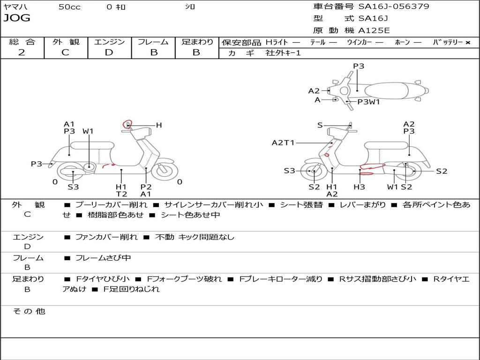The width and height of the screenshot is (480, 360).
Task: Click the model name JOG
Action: point(16,18)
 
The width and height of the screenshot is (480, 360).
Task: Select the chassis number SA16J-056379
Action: point(393,7)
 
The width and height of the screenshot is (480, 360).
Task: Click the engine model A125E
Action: point(374,31)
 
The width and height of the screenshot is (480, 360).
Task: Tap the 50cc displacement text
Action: point(69,7)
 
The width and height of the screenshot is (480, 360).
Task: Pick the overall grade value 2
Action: point(22,52)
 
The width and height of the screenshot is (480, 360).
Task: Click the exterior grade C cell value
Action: point(65,52)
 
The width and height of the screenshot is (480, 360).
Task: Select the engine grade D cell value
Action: point(109,52)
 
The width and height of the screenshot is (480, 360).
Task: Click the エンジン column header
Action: point(109,42)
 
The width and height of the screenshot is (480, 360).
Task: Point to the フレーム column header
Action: point(153,42)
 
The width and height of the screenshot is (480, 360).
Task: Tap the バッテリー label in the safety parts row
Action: point(448,42)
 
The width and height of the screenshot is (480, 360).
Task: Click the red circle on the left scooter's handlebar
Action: point(127,124)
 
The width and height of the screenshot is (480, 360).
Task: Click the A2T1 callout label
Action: point(283,142)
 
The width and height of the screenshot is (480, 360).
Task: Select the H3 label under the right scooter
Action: point(360,187)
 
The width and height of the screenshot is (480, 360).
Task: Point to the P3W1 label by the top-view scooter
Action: point(368,101)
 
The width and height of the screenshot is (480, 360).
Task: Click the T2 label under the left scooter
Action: point(121,194)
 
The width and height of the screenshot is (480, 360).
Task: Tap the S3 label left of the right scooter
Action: point(289,171)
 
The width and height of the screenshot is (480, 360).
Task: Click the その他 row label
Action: point(29,311)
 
